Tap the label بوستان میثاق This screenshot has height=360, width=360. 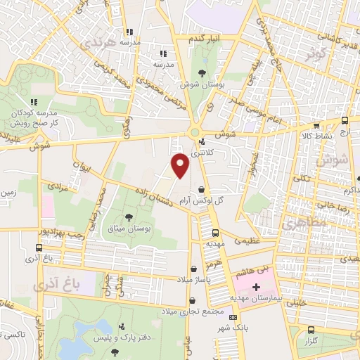tap(130, 229)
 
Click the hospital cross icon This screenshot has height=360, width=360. tap(257, 288)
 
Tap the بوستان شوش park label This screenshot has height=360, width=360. tap(202, 84)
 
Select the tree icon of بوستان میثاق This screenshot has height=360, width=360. tap(129, 217)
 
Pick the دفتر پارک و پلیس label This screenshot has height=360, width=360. tap(122, 338)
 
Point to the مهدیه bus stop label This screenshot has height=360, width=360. tap(214, 243)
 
